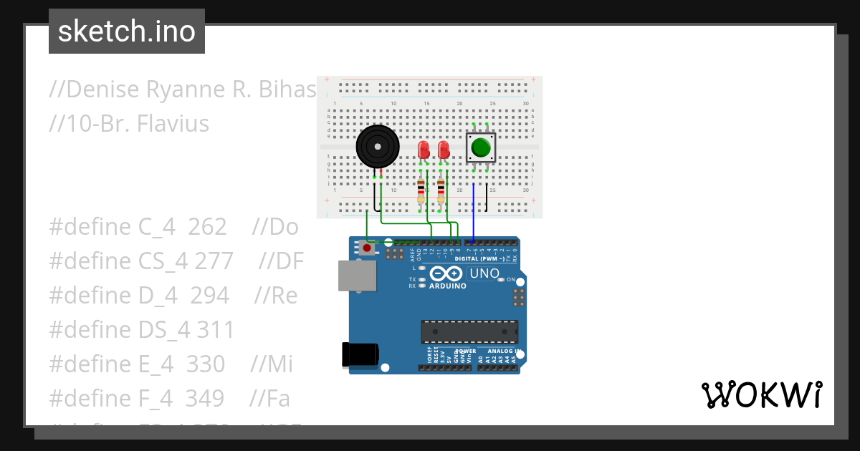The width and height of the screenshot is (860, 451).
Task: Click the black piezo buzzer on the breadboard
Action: tap(377, 146)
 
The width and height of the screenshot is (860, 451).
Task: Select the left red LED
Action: tap(423, 150)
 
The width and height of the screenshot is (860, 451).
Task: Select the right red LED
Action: tap(444, 150)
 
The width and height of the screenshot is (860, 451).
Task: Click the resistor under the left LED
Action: tap(421, 192)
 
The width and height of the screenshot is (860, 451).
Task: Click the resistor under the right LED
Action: tap(440, 192)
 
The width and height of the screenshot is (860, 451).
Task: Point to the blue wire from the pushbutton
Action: tap(473, 211)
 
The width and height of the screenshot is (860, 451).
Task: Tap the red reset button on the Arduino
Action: tap(367, 248)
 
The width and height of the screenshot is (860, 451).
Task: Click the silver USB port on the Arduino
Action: tap(355, 276)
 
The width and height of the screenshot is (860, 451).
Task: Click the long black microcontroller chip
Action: tap(469, 331)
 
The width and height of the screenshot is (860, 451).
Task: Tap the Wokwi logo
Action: tap(761, 395)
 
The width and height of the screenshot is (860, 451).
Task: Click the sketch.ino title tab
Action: tap(127, 31)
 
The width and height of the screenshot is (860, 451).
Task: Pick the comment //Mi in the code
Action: tap(272, 364)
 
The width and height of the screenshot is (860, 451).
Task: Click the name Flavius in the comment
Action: tap(173, 124)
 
